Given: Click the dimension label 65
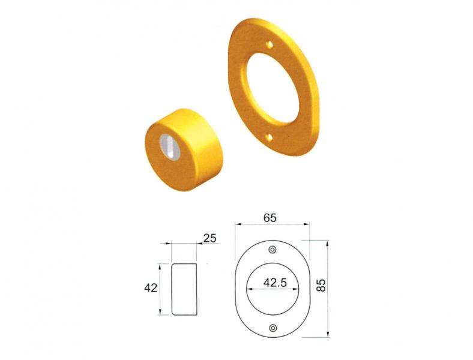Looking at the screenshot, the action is click(270, 218).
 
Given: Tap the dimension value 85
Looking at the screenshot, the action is click(322, 285).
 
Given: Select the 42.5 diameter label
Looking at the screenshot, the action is click(275, 283).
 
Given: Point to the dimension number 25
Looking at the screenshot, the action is click(209, 238).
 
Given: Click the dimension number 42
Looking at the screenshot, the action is click(151, 288).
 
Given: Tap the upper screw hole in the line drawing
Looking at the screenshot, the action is click(273, 250).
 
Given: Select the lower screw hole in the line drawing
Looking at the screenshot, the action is click(273, 328).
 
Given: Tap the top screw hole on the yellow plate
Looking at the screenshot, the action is click(270, 44).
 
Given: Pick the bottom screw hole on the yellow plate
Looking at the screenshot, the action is click(269, 137).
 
